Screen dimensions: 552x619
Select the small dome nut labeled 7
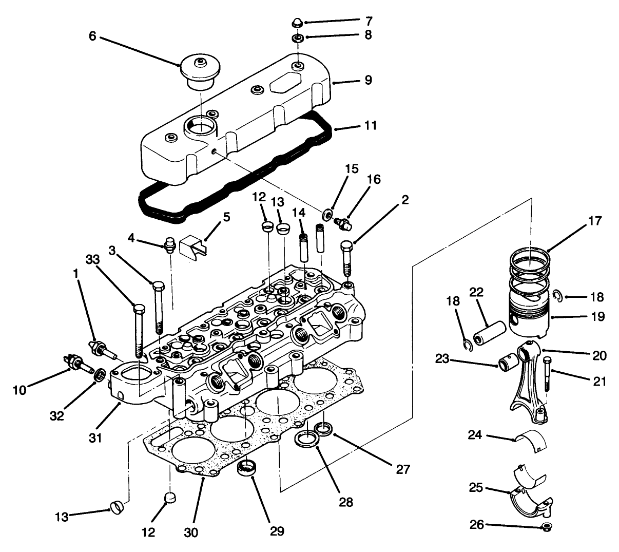[x=297, y=22]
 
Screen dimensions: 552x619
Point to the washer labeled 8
[x=297, y=38]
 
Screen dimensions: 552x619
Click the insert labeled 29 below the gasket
[x=247, y=468]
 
